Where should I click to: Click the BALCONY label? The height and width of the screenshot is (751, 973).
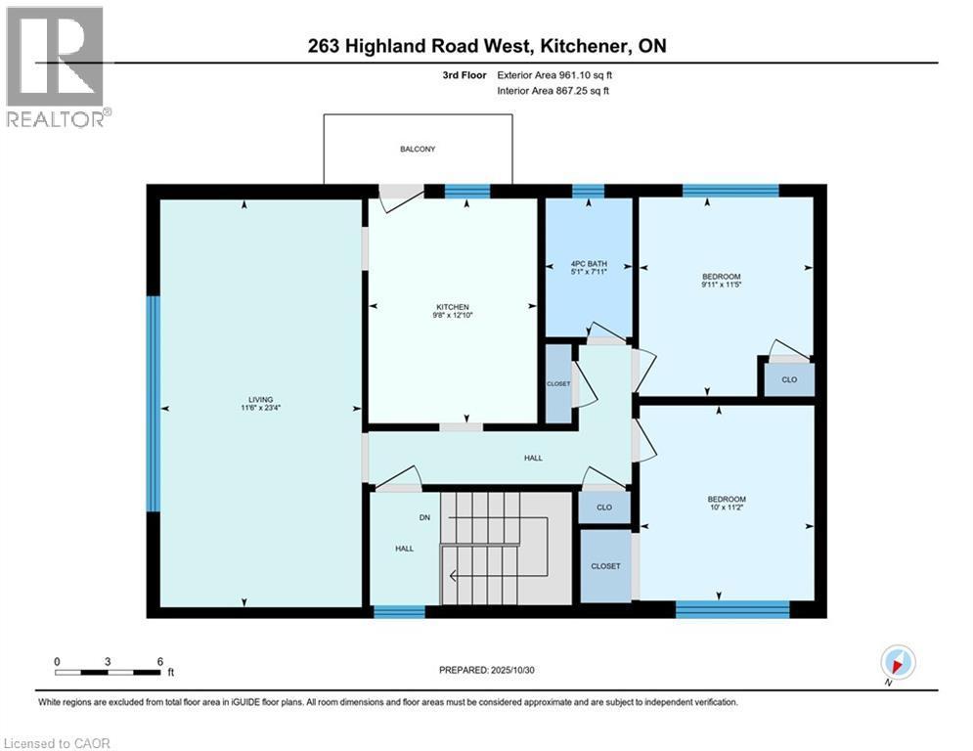pos(417,150)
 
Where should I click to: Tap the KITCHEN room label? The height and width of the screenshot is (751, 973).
pos(453,306)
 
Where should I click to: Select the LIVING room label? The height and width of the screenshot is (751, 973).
pos(260,399)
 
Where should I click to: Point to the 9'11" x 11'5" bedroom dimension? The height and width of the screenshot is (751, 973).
pos(725,286)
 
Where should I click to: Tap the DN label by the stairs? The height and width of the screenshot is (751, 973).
pos(424,517)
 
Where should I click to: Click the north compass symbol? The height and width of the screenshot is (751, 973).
pos(897,663)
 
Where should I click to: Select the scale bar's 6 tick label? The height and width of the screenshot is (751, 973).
pos(159,661)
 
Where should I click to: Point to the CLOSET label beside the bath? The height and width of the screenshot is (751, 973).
pos(558,383)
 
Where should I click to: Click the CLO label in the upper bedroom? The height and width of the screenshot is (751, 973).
pos(787,379)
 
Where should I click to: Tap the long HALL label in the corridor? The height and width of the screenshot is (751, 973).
pos(533,458)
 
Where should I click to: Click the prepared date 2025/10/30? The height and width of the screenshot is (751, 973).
pos(520,670)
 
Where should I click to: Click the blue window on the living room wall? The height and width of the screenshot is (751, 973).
pos(153,403)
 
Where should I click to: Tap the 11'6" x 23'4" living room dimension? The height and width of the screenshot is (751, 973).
pos(260,409)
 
